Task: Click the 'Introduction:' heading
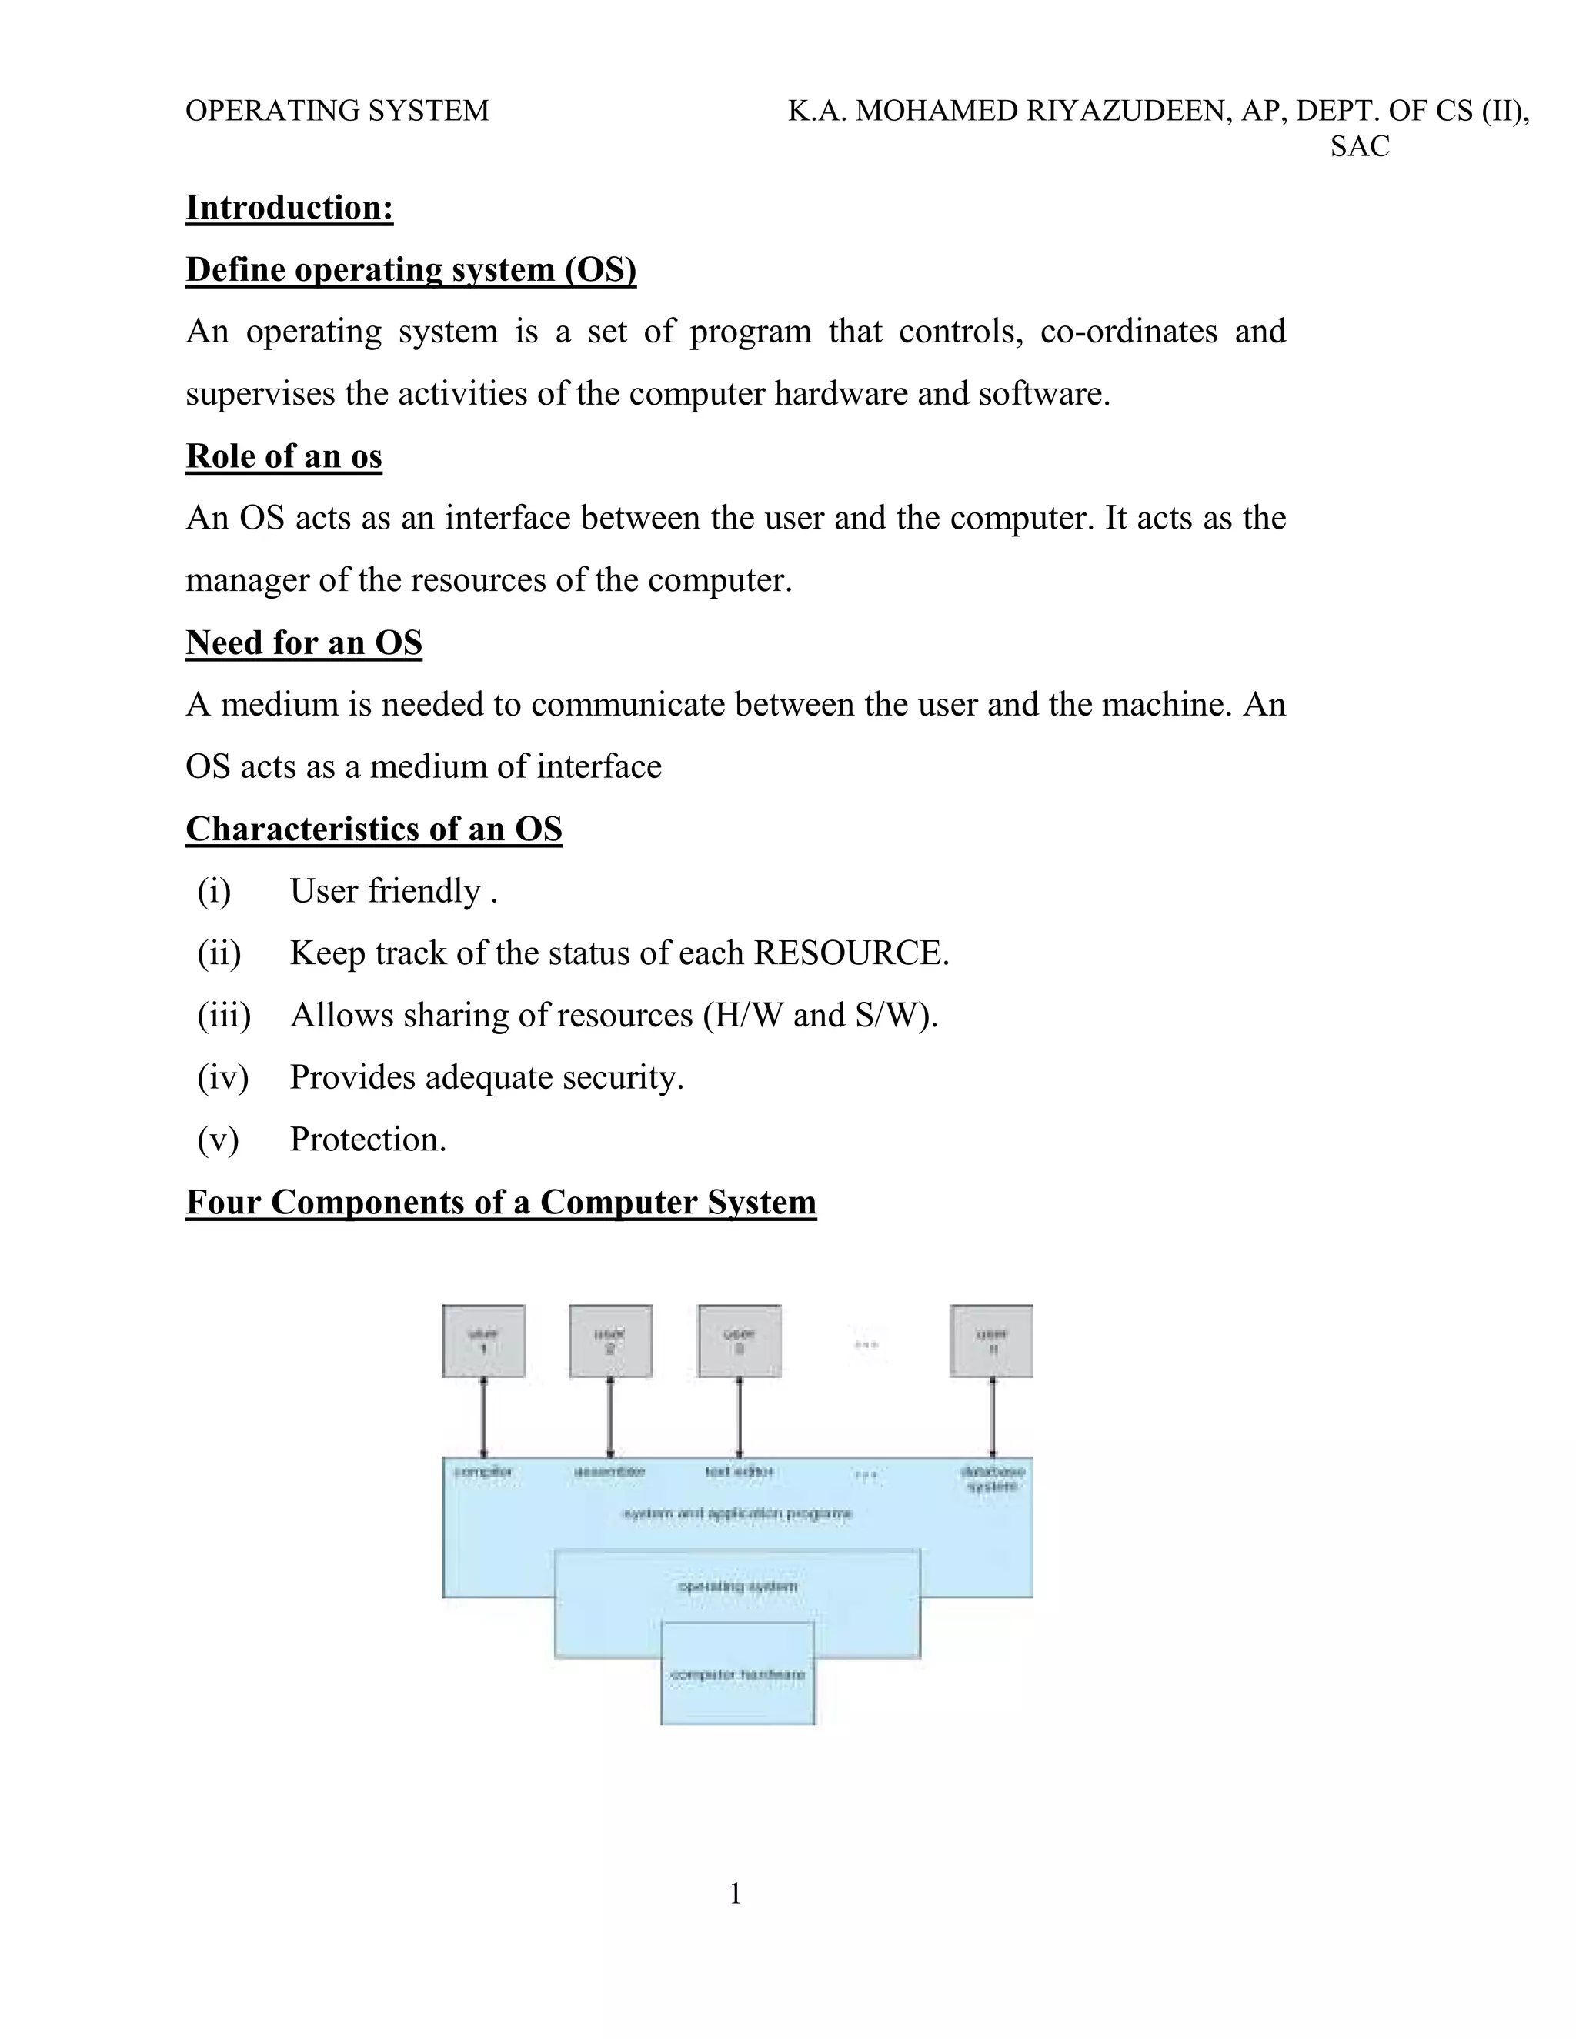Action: [x=289, y=207]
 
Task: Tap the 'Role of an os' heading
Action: [x=284, y=456]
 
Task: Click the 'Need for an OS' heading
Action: [x=303, y=642]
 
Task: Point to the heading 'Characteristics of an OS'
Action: [x=373, y=829]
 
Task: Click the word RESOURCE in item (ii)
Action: [x=849, y=953]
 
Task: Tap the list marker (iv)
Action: [x=222, y=1077]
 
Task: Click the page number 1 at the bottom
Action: [x=736, y=1894]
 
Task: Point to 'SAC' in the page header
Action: [x=1360, y=146]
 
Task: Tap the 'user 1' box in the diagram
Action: [x=483, y=1340]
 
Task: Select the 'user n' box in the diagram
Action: [x=991, y=1340]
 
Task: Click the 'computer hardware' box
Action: [x=737, y=1674]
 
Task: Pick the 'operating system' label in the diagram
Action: [x=737, y=1587]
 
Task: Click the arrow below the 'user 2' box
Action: [x=609, y=1417]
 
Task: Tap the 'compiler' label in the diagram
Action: [x=483, y=1472]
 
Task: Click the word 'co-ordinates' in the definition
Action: [x=1128, y=332]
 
